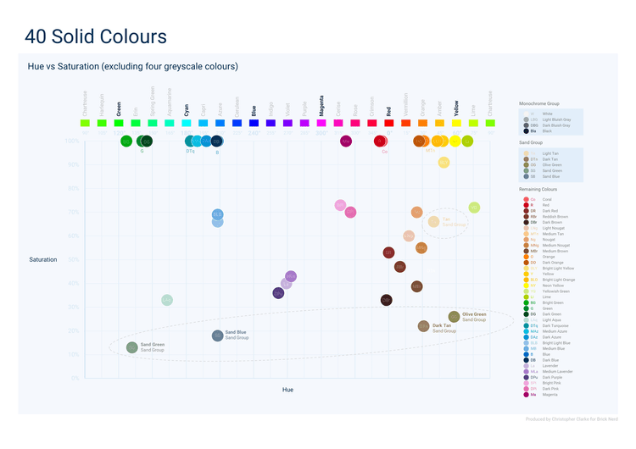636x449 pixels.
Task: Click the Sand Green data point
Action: coord(132,347)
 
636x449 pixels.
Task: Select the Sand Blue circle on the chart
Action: coord(218,335)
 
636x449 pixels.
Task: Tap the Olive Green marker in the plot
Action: coord(454,317)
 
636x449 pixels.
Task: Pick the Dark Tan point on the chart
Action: coord(424,326)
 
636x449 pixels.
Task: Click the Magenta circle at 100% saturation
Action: coord(346,141)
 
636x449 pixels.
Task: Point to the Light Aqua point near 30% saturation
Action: coord(167,300)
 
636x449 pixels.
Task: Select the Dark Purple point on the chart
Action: coord(278,293)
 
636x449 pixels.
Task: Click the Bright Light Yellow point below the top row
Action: coord(444,163)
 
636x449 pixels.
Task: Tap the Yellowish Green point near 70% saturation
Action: coord(474,208)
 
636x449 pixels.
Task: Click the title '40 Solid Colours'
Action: coord(96,36)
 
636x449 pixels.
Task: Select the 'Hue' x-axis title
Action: coord(287,390)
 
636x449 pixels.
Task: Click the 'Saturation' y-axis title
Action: coord(42,259)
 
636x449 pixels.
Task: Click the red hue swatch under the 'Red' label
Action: coord(388,124)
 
